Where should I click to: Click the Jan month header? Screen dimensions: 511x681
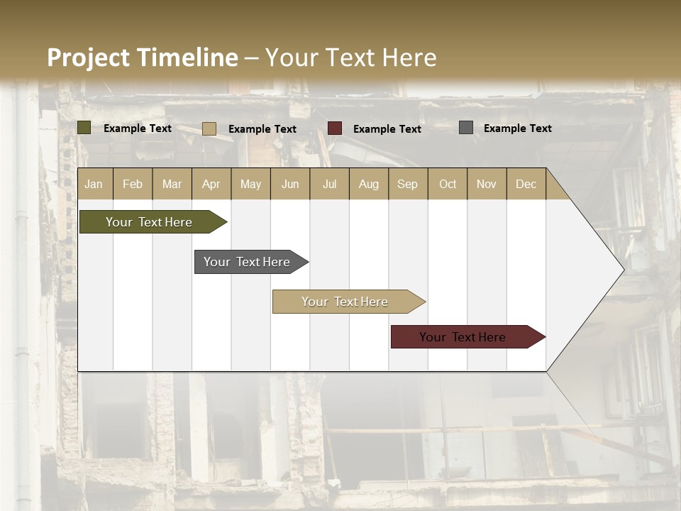pyautogui.click(x=94, y=184)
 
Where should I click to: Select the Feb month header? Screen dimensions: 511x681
pyautogui.click(x=133, y=184)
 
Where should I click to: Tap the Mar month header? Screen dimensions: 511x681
pyautogui.click(x=172, y=184)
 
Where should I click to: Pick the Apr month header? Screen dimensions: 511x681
pyautogui.click(x=211, y=184)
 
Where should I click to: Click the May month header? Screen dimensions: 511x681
pyautogui.click(x=250, y=184)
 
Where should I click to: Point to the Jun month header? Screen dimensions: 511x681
pyautogui.click(x=290, y=184)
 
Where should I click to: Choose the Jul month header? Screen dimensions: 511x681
pyautogui.click(x=329, y=184)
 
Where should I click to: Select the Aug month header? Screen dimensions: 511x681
pyautogui.click(x=369, y=184)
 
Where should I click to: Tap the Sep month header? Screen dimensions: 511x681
pyautogui.click(x=408, y=184)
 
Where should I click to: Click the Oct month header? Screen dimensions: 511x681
pyautogui.click(x=448, y=184)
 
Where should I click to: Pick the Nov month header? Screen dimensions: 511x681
pyautogui.click(x=487, y=184)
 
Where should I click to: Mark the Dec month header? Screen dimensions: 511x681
pyautogui.click(x=526, y=184)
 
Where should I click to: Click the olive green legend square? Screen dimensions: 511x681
pyautogui.click(x=84, y=128)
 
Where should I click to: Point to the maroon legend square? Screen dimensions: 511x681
pyautogui.click(x=335, y=128)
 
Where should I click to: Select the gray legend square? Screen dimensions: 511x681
pyautogui.click(x=466, y=128)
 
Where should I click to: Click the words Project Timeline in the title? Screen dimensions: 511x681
pyautogui.click(x=143, y=57)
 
